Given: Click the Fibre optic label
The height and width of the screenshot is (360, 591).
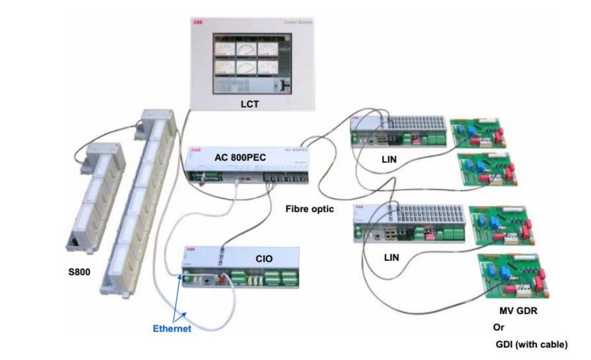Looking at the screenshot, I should click(309, 209).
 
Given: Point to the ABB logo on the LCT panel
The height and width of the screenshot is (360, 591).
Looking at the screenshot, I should click(197, 22).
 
